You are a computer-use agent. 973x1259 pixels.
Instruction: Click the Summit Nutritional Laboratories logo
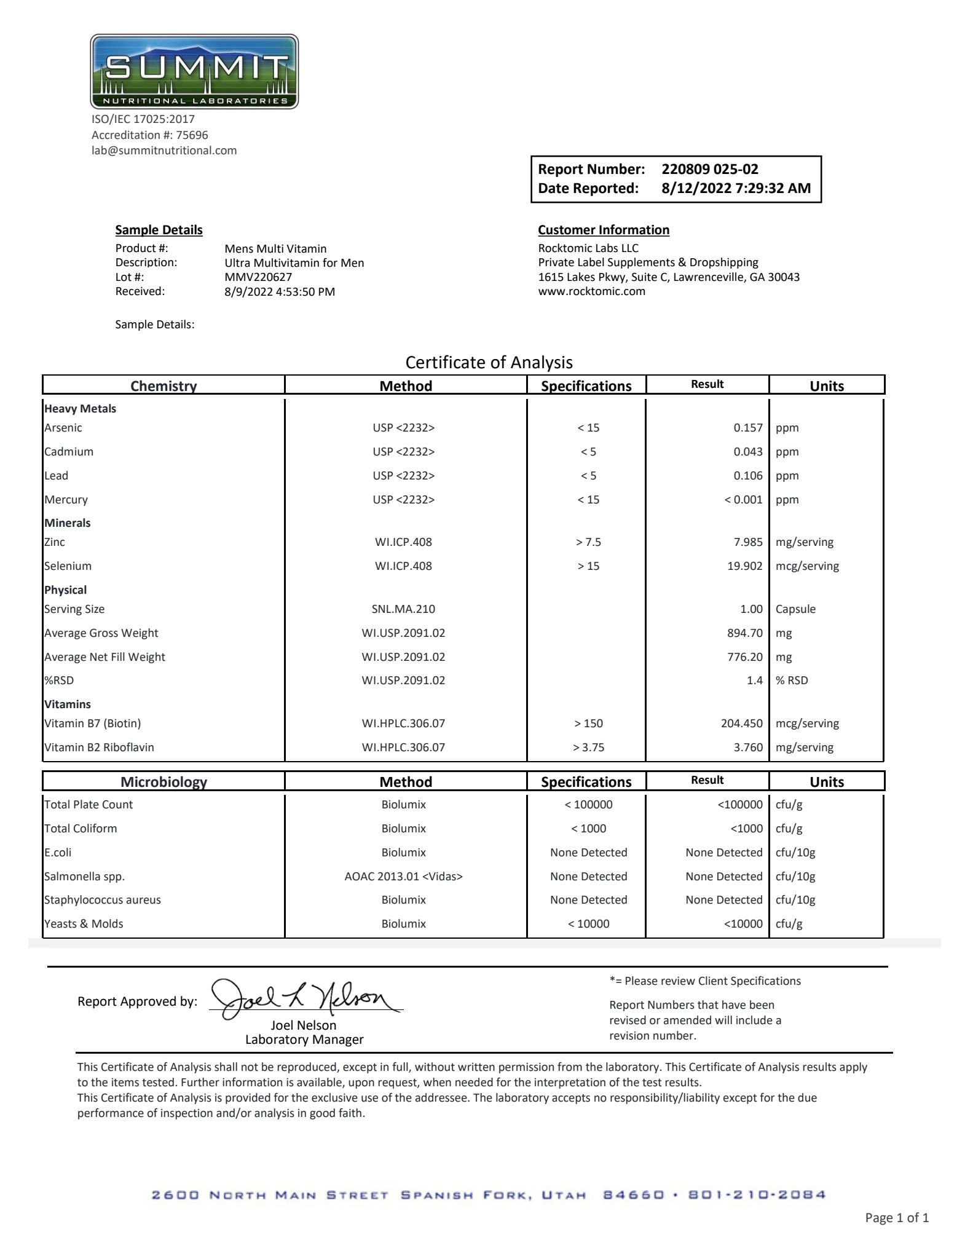194,72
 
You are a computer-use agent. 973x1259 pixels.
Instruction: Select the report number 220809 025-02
709,169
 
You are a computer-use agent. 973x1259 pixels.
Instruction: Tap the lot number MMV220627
258,277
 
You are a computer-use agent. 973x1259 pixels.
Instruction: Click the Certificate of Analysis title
489,362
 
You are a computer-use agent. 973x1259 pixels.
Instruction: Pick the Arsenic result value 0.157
747,428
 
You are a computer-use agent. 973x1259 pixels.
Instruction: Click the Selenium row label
68,566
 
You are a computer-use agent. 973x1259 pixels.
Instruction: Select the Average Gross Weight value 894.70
744,633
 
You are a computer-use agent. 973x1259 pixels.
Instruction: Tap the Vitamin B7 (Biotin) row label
92,724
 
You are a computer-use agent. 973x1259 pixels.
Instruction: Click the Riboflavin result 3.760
747,748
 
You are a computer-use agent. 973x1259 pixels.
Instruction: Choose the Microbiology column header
163,782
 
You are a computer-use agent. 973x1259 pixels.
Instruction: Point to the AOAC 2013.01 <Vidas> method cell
403,877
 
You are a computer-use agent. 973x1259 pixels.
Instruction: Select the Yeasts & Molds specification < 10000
588,924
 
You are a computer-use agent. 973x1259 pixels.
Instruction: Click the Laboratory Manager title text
304,1040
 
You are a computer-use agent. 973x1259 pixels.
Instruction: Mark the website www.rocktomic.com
591,291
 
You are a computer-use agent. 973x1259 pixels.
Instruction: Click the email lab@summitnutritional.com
164,151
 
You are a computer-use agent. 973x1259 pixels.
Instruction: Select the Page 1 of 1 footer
896,1218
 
